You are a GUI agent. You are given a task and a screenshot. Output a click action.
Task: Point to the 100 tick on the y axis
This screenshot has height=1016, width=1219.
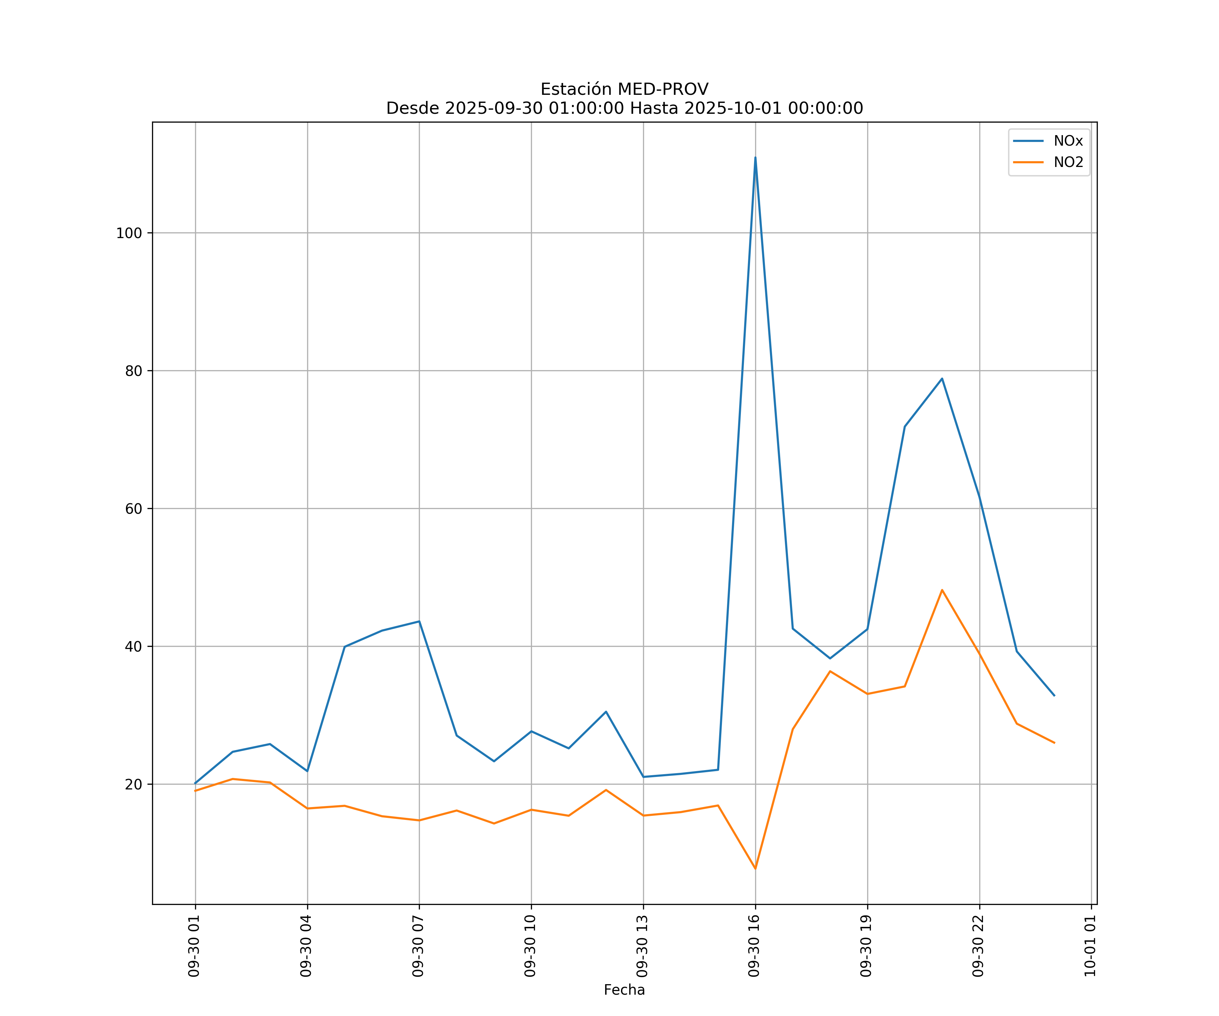[x=129, y=233]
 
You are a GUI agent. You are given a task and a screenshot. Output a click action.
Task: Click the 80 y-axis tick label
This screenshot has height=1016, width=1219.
[x=133, y=371]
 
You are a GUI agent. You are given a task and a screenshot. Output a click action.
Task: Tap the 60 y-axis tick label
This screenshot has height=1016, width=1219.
[x=133, y=509]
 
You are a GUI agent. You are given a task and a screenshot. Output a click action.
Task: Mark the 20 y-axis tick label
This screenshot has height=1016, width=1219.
[x=133, y=784]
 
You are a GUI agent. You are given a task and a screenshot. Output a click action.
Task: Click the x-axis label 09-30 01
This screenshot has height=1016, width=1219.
[x=194, y=946]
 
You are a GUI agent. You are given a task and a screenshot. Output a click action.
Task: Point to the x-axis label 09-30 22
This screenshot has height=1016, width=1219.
[x=978, y=946]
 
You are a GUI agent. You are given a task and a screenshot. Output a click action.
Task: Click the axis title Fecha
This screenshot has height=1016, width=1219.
[x=624, y=990]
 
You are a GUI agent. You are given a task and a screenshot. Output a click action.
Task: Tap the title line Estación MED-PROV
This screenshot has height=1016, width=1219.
[x=624, y=89]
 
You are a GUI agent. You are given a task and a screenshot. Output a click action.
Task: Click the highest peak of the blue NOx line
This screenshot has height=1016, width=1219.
[x=755, y=157]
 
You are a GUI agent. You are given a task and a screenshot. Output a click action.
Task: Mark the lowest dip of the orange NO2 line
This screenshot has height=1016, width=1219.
[x=755, y=869]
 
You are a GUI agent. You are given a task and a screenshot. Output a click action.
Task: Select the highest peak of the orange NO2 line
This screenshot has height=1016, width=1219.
[x=942, y=590]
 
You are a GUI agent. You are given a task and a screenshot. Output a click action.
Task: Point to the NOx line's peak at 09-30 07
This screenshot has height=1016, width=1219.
[x=419, y=621]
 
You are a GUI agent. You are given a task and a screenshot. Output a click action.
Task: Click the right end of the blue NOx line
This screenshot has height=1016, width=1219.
[x=1054, y=696]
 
